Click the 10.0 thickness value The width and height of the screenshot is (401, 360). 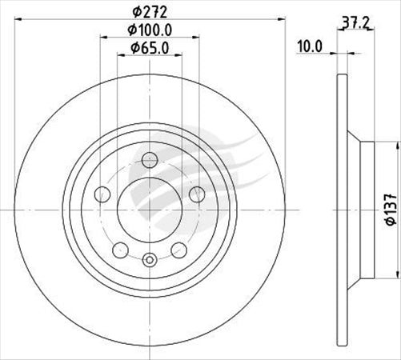308,46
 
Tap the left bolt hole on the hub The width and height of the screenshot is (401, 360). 101,194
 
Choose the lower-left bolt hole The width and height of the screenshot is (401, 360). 120,248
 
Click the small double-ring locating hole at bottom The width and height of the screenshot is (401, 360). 150,258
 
